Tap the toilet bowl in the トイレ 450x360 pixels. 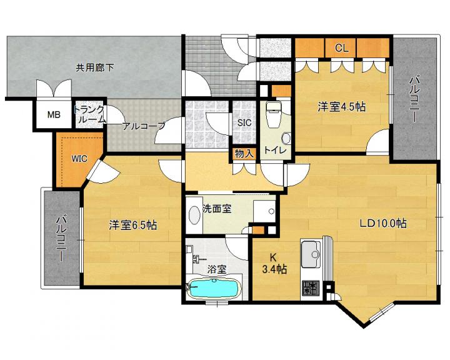(x=273, y=115)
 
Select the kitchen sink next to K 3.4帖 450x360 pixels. (x=311, y=254)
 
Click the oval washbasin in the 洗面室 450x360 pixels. (x=195, y=214)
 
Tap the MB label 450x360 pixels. (x=54, y=115)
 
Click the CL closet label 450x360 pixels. (x=341, y=48)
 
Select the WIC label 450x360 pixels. (x=79, y=159)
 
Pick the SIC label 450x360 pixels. (x=244, y=123)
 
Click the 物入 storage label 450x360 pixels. (x=244, y=154)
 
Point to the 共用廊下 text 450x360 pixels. (x=95, y=67)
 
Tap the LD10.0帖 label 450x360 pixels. (x=383, y=223)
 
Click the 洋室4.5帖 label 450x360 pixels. (x=341, y=107)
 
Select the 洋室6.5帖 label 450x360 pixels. (x=133, y=225)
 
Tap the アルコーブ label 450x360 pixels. (x=144, y=126)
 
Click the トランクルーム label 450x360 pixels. (x=89, y=114)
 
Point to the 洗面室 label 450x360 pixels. (x=217, y=208)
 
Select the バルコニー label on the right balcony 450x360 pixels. (x=414, y=99)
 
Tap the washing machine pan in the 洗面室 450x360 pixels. (x=264, y=211)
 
